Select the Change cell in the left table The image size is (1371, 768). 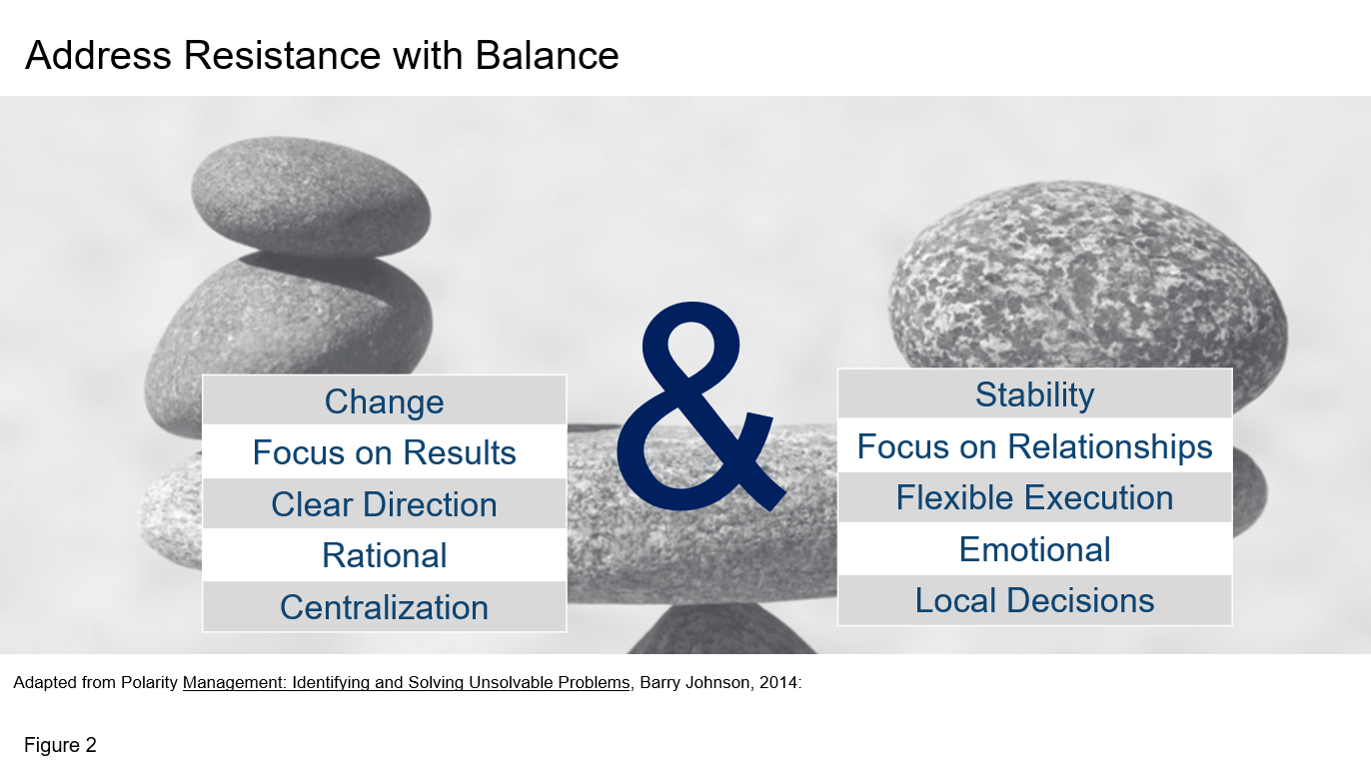(385, 400)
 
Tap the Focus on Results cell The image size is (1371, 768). (385, 451)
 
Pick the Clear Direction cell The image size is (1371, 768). (385, 504)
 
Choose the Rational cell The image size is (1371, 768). (385, 555)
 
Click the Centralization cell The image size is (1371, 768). (385, 606)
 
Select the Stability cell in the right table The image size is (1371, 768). (1034, 394)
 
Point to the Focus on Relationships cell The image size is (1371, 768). (1034, 445)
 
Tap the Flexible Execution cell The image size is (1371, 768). (1034, 497)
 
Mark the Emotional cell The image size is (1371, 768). (1034, 548)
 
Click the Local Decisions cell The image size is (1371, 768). (1034, 600)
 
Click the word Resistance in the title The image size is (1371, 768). (282, 55)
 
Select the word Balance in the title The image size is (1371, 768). (547, 55)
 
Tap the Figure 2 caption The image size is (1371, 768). (60, 745)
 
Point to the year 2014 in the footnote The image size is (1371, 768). (777, 682)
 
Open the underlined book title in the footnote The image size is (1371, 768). (407, 682)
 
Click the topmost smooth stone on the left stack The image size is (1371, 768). (311, 197)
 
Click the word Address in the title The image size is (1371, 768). (98, 55)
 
